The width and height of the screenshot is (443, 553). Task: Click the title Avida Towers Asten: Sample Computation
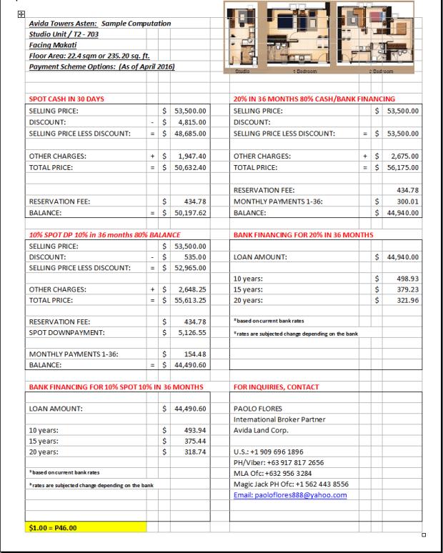click(x=99, y=24)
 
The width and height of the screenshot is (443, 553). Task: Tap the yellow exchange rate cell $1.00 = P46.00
click(x=85, y=528)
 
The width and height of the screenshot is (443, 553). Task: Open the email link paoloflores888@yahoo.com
click(x=290, y=495)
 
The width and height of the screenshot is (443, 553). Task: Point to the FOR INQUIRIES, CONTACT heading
click(x=277, y=387)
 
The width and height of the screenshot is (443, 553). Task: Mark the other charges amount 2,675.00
click(x=404, y=156)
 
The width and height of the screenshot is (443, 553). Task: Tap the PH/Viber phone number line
click(x=279, y=462)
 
